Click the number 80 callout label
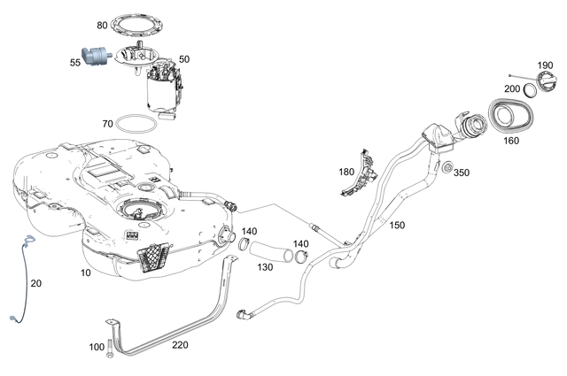coord(103,25)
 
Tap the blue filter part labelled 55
coord(93,58)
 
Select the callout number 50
coord(184,58)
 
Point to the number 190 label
coord(546,67)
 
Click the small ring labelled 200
coord(530,88)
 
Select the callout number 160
coord(511,139)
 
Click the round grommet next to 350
coord(446,169)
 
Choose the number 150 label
coord(397,226)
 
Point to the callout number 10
coord(85,272)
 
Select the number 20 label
coord(35,283)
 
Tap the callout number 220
coord(180,345)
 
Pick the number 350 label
coord(462,173)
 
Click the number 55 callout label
coord(74,63)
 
